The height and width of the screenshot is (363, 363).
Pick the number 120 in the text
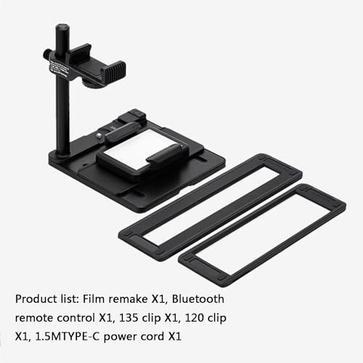(x=201, y=317)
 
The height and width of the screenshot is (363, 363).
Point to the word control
(x=80, y=317)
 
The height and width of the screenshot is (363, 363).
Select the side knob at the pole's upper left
(x=47, y=54)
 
